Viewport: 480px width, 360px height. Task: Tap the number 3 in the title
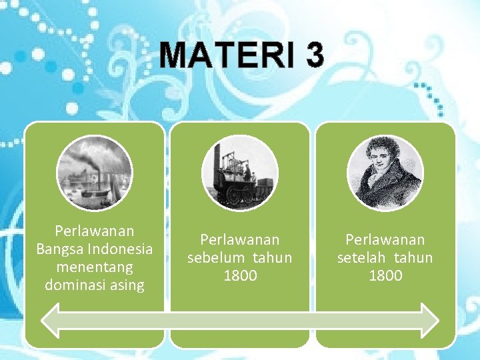315,55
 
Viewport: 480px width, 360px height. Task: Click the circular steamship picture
95,173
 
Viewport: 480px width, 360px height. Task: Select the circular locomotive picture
239,173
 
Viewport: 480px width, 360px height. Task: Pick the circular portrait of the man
385,173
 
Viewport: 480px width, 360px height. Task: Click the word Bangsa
58,249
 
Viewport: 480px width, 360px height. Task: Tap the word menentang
95,267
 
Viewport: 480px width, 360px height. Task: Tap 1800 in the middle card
240,275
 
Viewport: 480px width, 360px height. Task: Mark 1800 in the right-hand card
385,275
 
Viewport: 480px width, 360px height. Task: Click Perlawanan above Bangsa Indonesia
95,231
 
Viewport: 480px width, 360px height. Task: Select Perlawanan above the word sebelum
240,239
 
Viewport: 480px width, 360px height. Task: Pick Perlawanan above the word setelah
385,239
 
